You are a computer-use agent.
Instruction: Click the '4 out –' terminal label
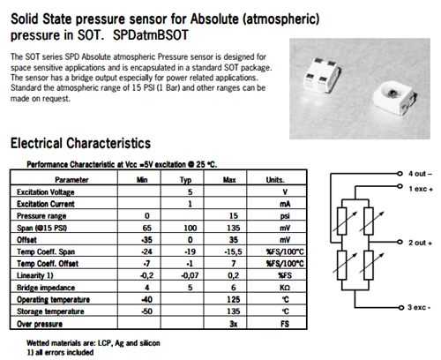click(x=420, y=174)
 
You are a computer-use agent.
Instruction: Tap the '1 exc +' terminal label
click(x=421, y=189)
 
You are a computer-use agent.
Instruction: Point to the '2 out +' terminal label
click(x=420, y=243)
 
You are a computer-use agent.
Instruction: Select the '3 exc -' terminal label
click(x=419, y=307)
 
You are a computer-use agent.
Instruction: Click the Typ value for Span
click(x=190, y=228)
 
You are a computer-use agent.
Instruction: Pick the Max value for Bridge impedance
click(x=233, y=288)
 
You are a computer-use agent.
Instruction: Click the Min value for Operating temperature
click(x=146, y=299)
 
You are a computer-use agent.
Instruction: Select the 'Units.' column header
click(x=275, y=180)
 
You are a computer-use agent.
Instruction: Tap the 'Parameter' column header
click(x=71, y=180)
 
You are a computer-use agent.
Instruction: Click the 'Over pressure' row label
click(x=40, y=324)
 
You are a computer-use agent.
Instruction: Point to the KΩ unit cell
click(x=285, y=288)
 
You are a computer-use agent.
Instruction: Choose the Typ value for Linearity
click(x=190, y=275)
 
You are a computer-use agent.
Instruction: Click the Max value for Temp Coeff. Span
click(x=233, y=251)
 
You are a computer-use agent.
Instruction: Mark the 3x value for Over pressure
click(x=233, y=324)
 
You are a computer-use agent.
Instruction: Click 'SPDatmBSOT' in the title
click(x=150, y=35)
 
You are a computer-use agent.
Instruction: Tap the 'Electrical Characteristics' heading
click(x=80, y=143)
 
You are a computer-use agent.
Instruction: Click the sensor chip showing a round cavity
click(x=395, y=99)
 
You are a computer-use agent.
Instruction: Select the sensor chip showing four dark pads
click(x=322, y=74)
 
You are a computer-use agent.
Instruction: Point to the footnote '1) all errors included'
click(x=60, y=352)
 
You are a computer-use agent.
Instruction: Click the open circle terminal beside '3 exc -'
click(x=401, y=308)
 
